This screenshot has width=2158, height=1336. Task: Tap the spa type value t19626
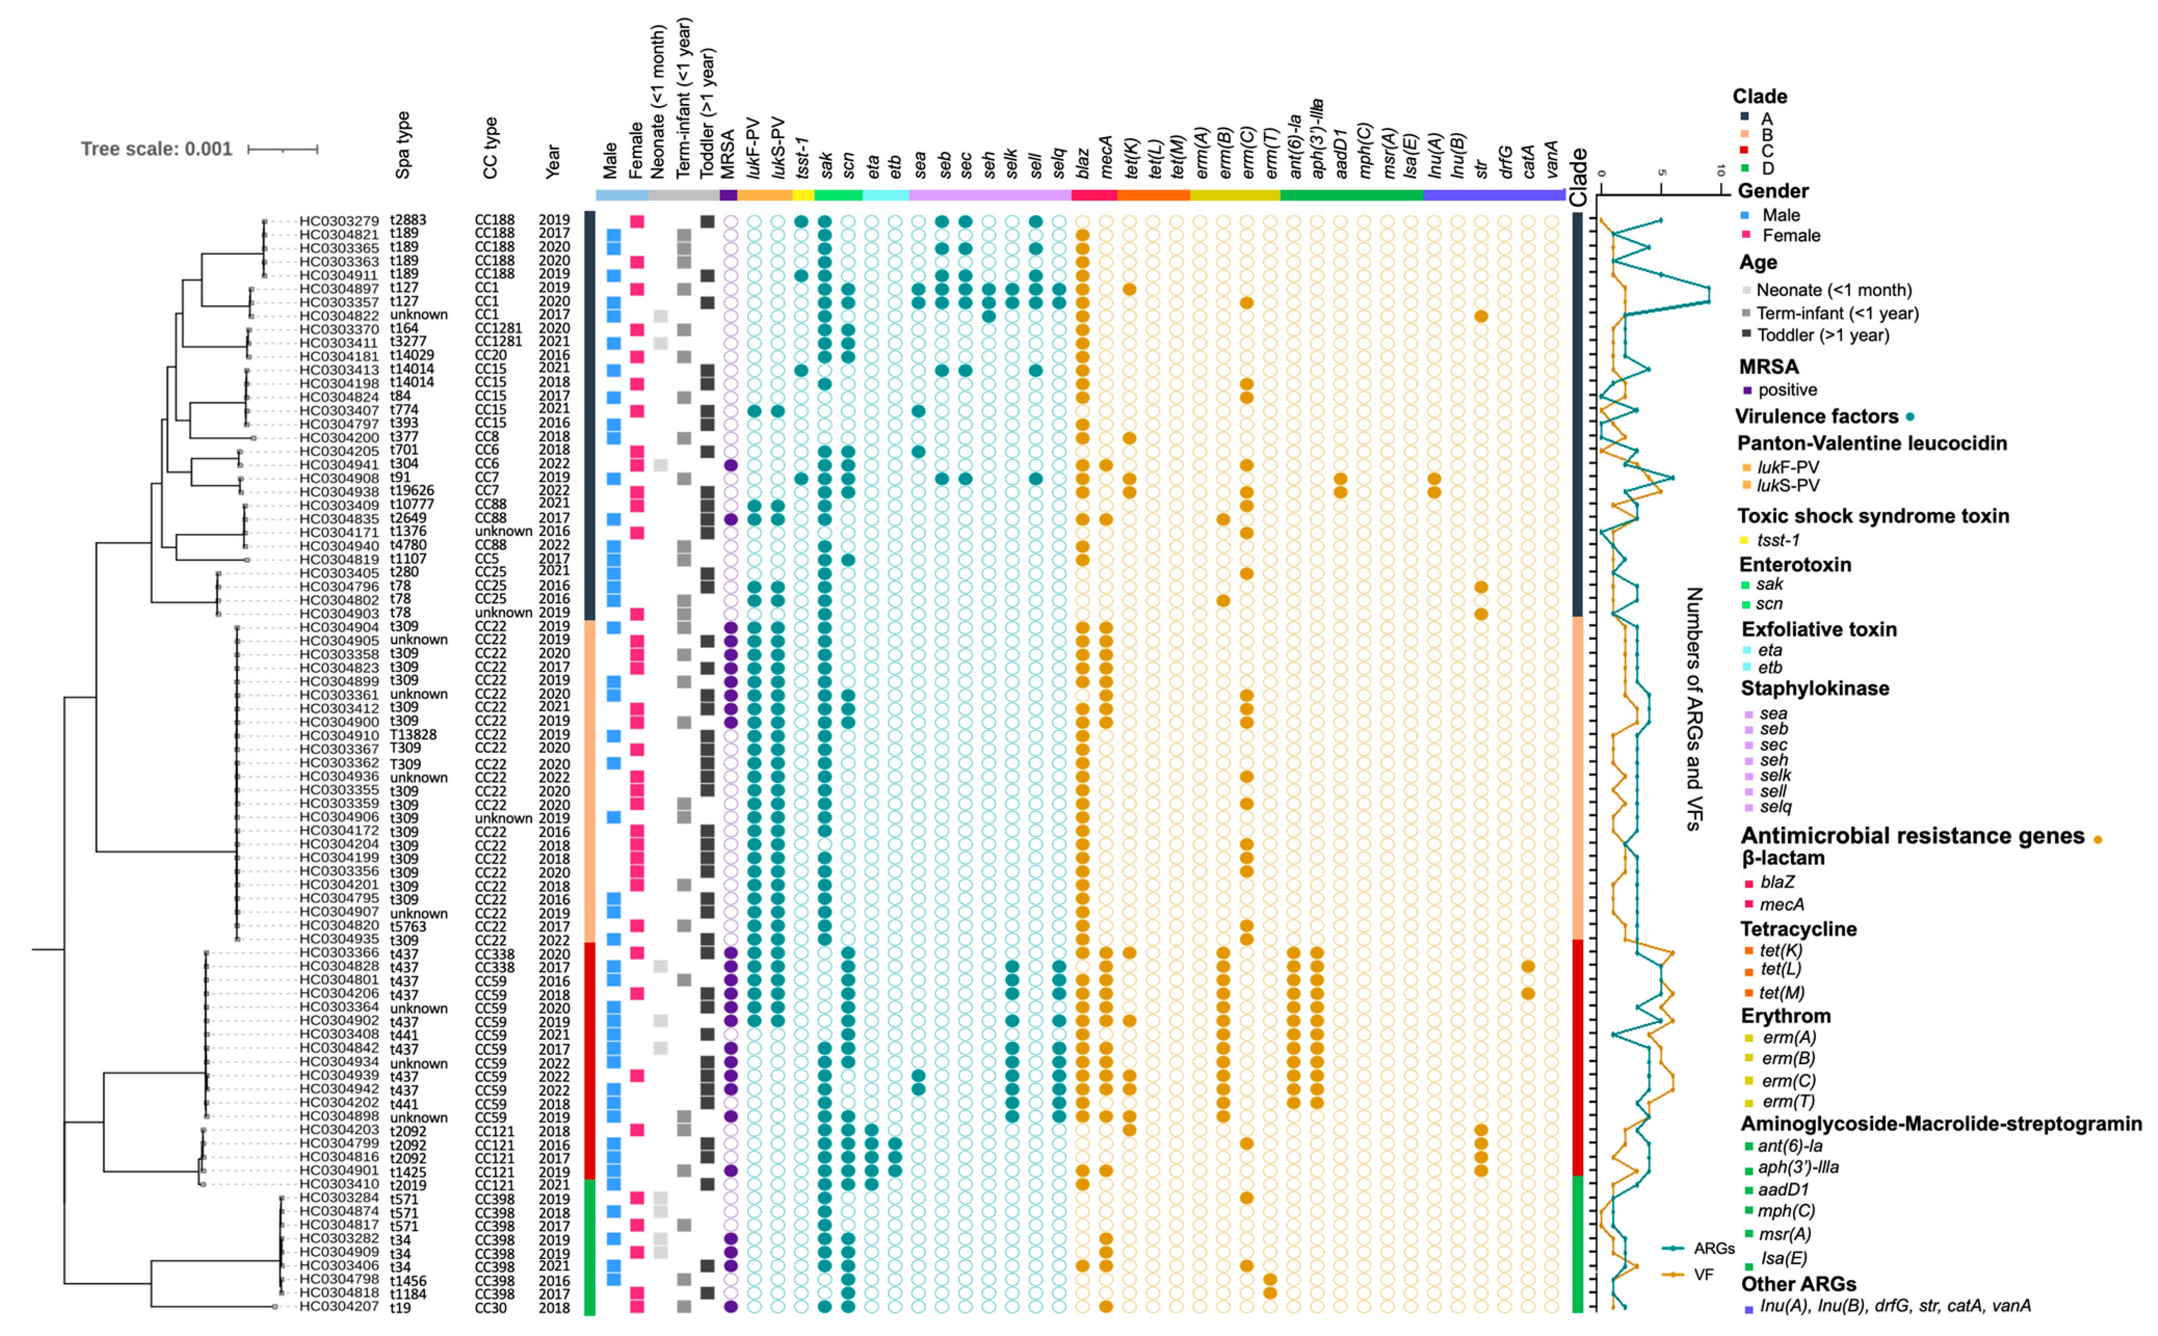[x=412, y=491]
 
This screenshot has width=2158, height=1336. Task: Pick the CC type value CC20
[x=491, y=355]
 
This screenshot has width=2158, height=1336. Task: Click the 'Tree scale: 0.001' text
[x=156, y=149]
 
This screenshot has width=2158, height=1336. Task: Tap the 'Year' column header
[x=552, y=162]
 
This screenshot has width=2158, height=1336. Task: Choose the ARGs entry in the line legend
[x=1714, y=1249]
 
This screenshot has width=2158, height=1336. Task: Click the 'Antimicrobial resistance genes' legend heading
[x=1912, y=836]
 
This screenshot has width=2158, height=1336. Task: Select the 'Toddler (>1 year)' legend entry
[x=1822, y=335]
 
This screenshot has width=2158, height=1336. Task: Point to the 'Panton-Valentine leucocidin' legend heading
[x=1872, y=444]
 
